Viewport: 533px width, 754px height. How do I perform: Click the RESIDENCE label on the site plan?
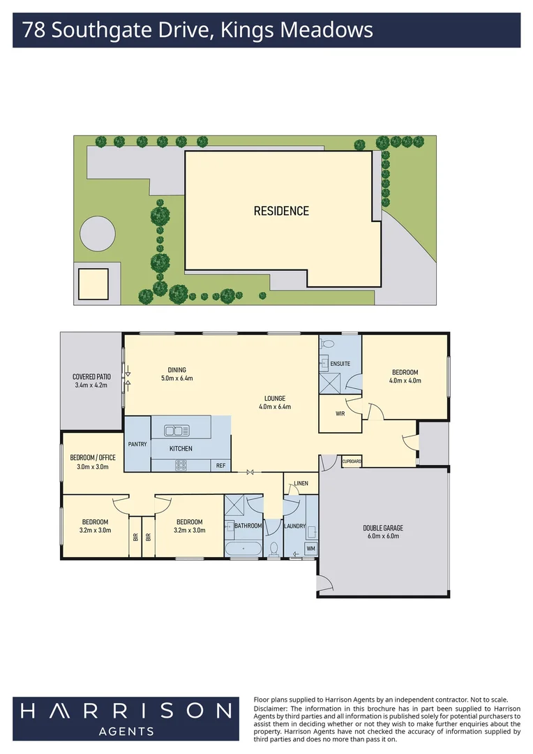281,211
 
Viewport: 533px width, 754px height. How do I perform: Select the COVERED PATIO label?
91,377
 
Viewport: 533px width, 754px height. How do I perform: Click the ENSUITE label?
340,364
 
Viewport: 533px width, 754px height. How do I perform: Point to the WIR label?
340,413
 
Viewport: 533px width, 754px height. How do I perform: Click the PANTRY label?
137,444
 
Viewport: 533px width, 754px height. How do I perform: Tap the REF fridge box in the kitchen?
220,466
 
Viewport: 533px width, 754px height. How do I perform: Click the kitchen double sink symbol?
177,431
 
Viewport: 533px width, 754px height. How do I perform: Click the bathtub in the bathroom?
243,549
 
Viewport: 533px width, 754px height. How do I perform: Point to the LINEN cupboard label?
301,483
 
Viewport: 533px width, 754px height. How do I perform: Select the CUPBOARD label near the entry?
352,461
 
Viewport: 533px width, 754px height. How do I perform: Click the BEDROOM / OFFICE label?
93,458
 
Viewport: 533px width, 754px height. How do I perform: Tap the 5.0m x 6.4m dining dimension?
177,378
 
